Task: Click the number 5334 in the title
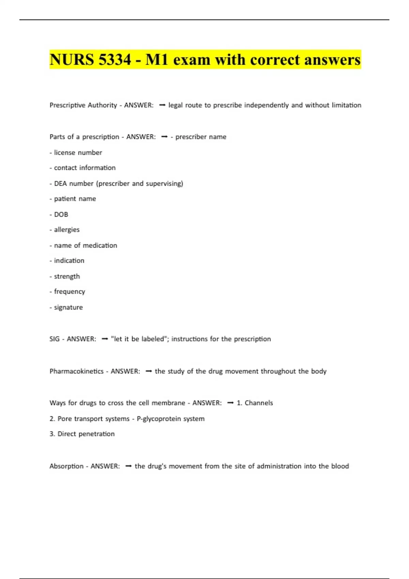115,60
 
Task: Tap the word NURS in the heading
72,60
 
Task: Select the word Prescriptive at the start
67,105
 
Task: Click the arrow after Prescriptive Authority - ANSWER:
162,105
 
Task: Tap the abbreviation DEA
60,184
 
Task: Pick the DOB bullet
61,215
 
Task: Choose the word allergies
66,230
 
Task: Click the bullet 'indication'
69,261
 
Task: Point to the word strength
67,276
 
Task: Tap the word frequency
70,292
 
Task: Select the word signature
68,307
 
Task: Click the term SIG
55,339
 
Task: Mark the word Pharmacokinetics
76,371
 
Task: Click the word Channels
259,403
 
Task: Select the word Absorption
66,466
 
